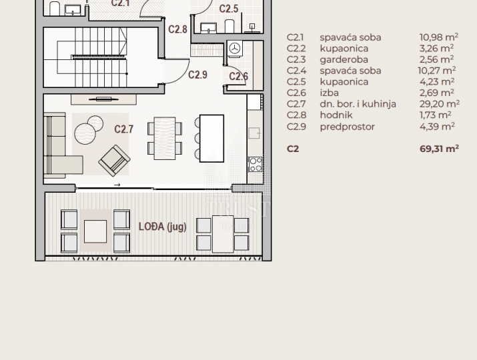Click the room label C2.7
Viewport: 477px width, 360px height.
tap(124, 129)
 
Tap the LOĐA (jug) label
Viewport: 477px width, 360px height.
tap(163, 227)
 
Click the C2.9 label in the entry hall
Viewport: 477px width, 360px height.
tap(197, 75)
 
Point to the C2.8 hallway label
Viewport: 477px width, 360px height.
tap(177, 29)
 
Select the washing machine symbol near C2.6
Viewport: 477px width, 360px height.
tap(235, 49)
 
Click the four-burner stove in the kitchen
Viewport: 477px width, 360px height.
tap(256, 164)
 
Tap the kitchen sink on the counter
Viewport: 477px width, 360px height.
tap(254, 133)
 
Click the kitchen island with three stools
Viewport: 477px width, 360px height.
tap(211, 139)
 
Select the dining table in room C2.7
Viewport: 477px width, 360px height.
tap(165, 139)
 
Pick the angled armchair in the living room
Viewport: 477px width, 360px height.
tap(114, 161)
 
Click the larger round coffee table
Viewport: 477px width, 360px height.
tap(85, 134)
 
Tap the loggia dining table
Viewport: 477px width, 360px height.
tap(223, 234)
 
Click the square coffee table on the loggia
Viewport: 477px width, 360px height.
tap(95, 232)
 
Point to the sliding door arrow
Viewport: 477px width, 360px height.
tap(117, 185)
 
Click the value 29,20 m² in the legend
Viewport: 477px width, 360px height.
tap(440, 104)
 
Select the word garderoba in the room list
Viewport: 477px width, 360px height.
tap(344, 59)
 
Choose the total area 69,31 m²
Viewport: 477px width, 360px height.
tap(439, 149)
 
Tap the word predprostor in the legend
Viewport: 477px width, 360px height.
tap(347, 127)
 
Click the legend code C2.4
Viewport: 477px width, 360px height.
tap(297, 71)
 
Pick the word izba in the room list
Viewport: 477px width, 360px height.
tap(329, 93)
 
